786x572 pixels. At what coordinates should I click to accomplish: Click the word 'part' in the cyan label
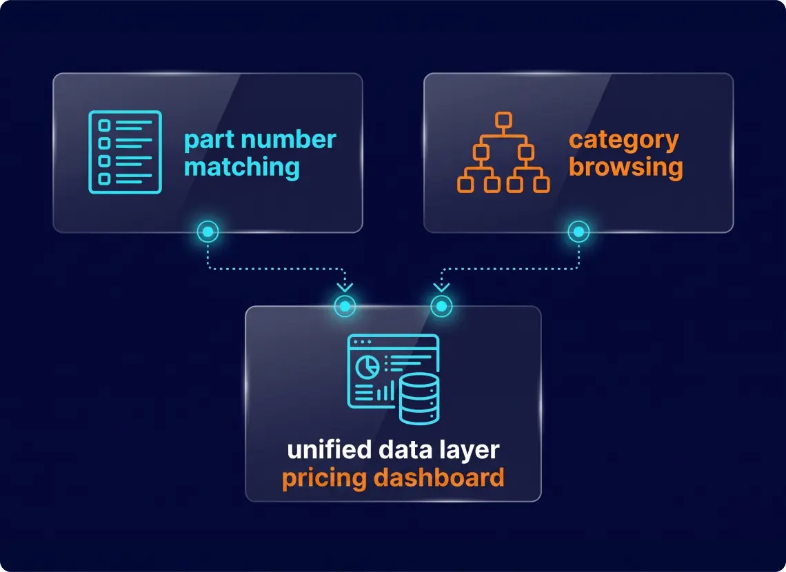207,141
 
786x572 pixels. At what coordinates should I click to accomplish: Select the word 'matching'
241,167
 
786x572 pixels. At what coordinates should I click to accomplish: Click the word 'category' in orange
623,141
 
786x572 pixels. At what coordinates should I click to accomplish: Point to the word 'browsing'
625,167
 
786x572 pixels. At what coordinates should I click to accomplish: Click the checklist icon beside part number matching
125,152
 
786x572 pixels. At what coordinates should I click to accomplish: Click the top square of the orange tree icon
503,121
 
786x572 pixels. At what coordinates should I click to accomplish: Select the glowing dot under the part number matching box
208,232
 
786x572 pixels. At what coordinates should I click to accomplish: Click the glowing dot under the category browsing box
578,232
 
